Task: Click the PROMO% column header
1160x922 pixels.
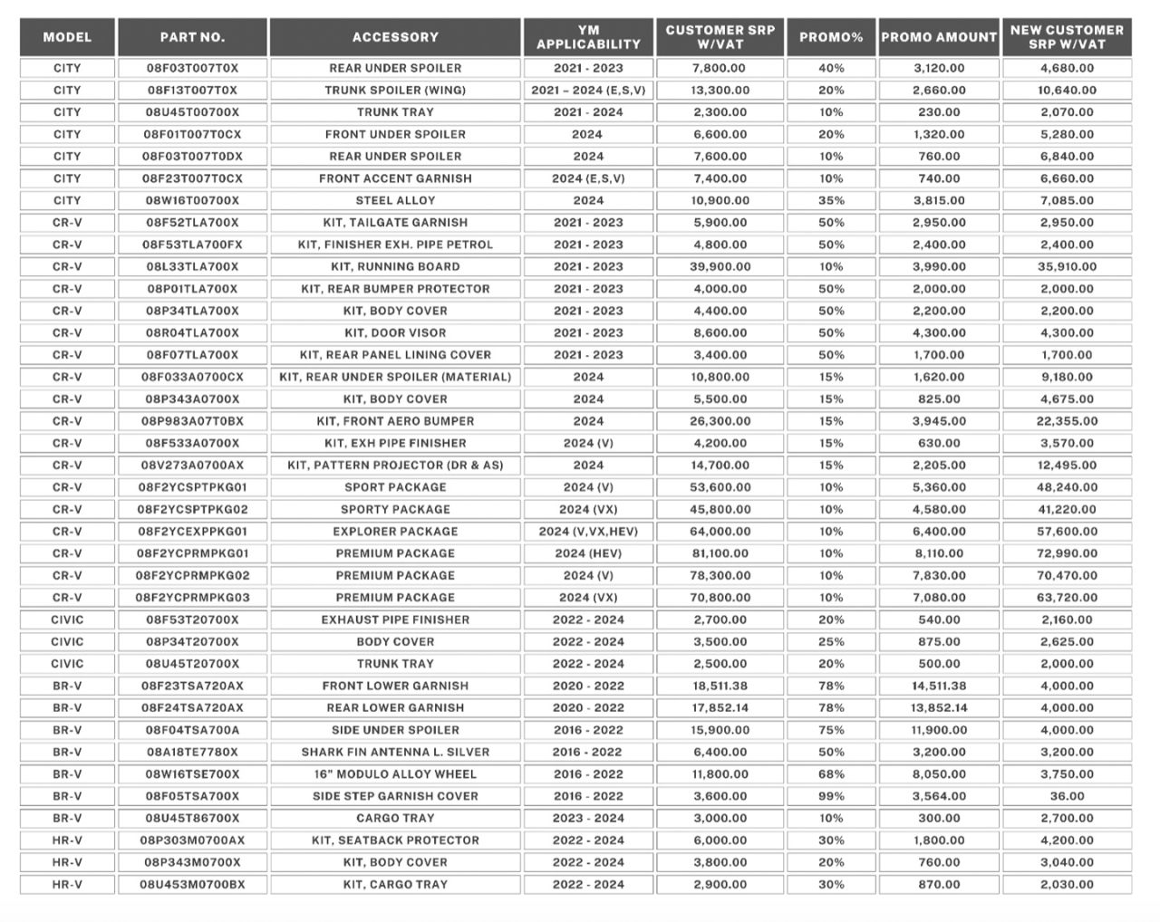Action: [x=831, y=37]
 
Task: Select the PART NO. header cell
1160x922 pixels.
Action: [x=192, y=37]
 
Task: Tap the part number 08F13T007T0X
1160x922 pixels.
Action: [x=192, y=91]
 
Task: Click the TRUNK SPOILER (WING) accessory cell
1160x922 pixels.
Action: [x=395, y=91]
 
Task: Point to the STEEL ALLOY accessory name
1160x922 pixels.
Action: [x=395, y=201]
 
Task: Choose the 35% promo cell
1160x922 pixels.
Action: [x=831, y=201]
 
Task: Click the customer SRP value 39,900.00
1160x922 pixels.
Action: [x=720, y=267]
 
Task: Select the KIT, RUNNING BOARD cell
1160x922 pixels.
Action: [x=395, y=267]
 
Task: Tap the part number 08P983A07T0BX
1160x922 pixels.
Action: [x=192, y=421]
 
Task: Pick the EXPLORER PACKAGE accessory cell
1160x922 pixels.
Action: [x=395, y=532]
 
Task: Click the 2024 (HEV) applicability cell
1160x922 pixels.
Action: [x=588, y=553]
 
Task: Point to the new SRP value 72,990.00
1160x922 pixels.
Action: [x=1067, y=553]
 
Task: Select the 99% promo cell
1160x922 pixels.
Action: [x=831, y=796]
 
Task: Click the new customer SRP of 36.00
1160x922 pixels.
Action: [x=1067, y=796]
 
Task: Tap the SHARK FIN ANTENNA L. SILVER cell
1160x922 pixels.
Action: [x=395, y=752]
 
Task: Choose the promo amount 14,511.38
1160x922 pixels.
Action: [x=939, y=686]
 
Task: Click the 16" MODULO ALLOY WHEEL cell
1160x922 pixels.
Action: [x=395, y=774]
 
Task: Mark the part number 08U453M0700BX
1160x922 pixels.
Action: [x=192, y=885]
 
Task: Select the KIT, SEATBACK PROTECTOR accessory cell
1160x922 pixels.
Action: [x=395, y=840]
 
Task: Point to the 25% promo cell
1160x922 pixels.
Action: [x=831, y=642]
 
